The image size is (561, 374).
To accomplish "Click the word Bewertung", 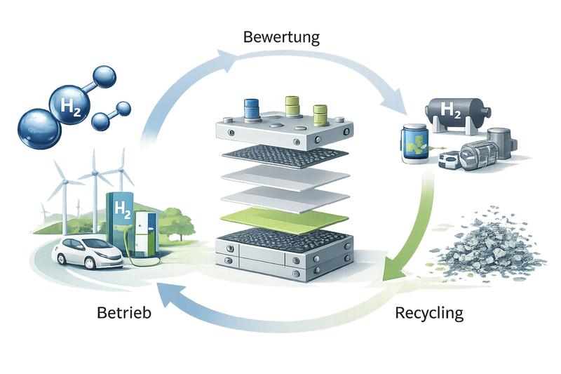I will [280, 36].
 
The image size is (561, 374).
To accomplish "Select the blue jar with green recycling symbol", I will [416, 144].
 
